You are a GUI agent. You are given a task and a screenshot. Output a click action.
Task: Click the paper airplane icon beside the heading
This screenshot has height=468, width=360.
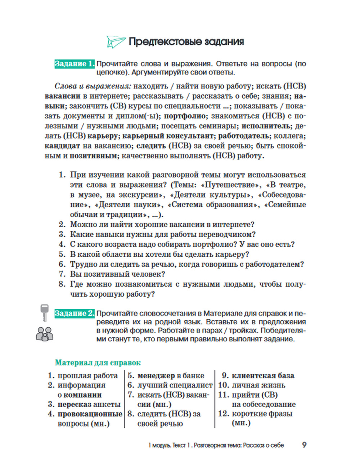click(x=116, y=42)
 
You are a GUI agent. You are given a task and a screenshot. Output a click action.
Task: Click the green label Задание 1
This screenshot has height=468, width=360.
click(x=75, y=64)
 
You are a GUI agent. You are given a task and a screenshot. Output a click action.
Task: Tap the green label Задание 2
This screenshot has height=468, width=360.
click(x=75, y=313)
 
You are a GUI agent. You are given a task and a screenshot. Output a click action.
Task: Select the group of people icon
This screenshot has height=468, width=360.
click(x=45, y=334)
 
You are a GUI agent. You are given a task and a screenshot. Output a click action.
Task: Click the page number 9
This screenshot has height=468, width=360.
click(x=304, y=445)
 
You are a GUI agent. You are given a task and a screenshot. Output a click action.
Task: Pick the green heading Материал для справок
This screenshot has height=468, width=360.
click(x=98, y=363)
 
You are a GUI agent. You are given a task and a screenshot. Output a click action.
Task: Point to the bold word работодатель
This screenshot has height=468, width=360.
click(x=244, y=136)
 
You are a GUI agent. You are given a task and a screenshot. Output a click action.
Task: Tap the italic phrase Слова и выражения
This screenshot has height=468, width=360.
click(x=93, y=86)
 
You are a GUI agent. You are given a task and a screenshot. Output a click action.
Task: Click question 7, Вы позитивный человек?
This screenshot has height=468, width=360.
click(x=117, y=274)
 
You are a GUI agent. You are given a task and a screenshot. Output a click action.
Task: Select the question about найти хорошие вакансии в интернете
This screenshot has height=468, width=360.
click(x=162, y=224)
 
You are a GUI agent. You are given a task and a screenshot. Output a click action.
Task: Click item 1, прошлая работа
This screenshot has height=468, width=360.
click(x=87, y=375)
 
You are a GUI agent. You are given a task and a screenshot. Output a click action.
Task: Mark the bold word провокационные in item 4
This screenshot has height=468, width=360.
click(x=90, y=414)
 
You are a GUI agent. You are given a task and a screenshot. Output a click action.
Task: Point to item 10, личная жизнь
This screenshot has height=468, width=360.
click(x=258, y=385)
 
